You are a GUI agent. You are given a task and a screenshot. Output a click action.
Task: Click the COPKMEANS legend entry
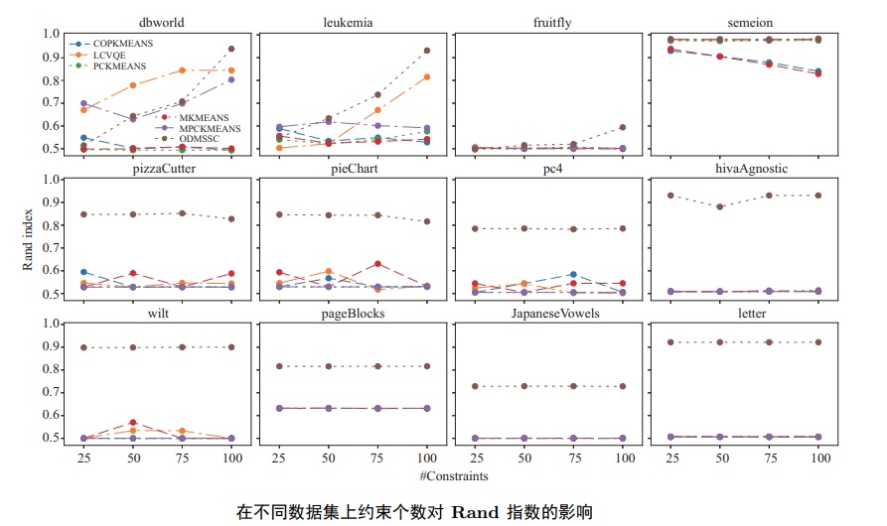click(118, 44)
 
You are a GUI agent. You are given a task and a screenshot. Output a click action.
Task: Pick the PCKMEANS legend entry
click(118, 66)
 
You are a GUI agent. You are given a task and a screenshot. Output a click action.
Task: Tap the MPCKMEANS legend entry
click(208, 129)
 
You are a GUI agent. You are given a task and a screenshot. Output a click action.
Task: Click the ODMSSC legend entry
click(200, 140)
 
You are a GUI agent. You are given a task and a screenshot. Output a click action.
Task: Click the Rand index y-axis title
click(29, 238)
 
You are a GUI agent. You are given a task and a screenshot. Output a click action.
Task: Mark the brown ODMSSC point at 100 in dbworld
click(231, 49)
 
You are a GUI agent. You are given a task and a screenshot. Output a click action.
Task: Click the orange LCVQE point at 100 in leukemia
click(427, 76)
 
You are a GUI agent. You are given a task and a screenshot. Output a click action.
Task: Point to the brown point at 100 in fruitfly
click(623, 127)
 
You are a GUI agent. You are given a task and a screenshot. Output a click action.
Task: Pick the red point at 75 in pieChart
click(378, 264)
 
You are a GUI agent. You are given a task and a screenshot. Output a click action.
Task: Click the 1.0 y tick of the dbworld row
click(52, 34)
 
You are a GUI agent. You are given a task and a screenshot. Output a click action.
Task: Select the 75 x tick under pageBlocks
click(378, 460)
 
